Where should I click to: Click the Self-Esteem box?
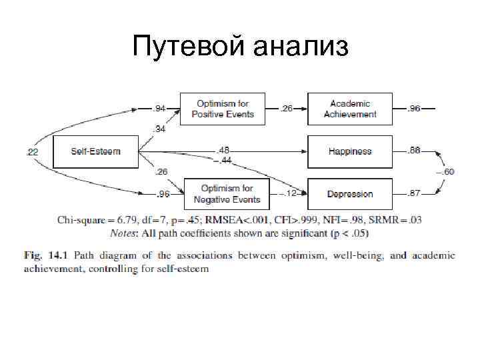96,151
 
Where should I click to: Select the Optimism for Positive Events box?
223,109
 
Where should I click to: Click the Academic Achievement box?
349,109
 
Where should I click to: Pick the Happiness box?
349,151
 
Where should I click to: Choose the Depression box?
349,194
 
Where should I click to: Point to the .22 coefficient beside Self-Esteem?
32,152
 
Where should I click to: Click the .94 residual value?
159,109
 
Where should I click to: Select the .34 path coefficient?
160,127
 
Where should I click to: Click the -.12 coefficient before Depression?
288,194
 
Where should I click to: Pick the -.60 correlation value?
446,172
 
